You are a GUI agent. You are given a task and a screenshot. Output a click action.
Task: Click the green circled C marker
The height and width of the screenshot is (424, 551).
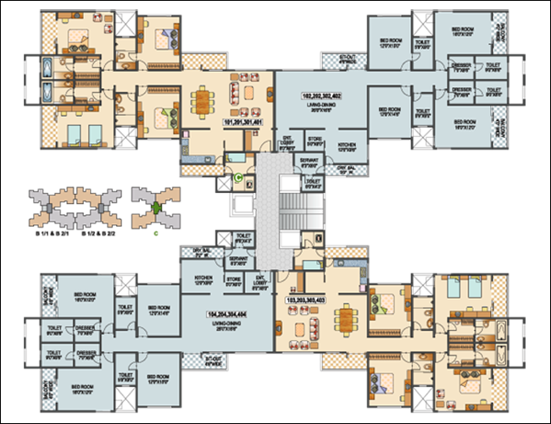click(239, 178)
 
